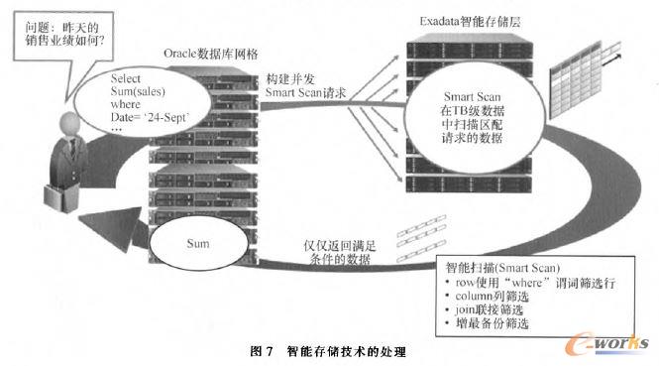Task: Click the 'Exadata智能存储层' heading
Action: click(x=476, y=20)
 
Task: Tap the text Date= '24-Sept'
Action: click(x=149, y=118)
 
